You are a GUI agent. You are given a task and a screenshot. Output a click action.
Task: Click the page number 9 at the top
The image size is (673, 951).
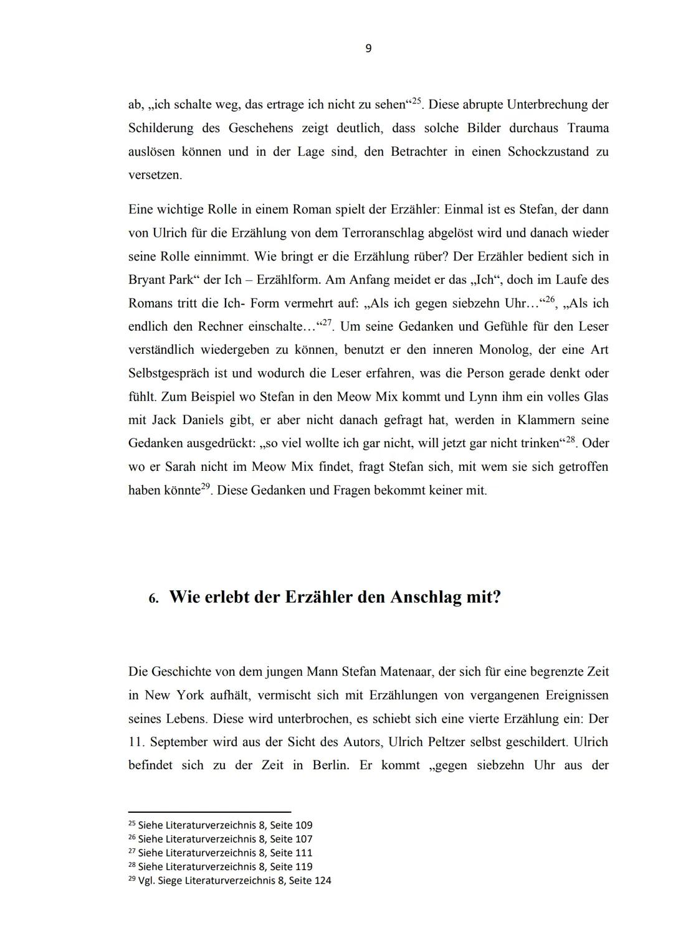(368, 49)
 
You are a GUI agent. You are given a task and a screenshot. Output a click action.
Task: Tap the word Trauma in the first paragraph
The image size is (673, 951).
(588, 128)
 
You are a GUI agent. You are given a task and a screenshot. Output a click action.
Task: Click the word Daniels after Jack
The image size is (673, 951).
(203, 420)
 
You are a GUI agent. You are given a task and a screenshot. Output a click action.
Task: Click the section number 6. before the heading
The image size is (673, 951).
(153, 599)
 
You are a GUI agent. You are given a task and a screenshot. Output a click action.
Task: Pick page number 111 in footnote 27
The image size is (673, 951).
(303, 853)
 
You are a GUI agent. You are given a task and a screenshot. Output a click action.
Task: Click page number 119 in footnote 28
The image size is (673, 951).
(303, 867)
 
